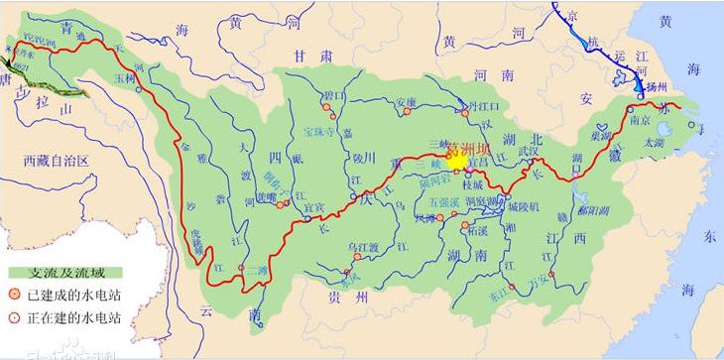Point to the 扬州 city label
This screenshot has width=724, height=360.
coord(656,86)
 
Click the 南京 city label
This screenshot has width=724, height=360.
coord(639,119)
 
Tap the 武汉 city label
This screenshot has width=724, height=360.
coord(528,149)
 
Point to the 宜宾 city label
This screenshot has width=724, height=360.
coord(313,207)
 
